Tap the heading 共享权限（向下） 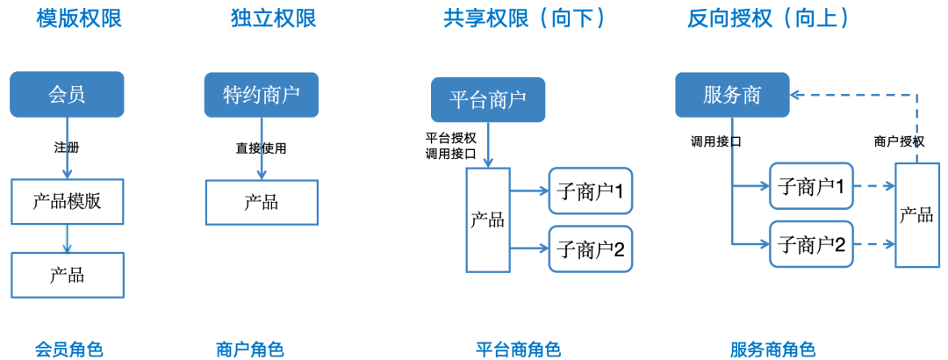point(525,18)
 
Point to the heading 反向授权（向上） point(768,18)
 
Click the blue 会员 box point(67,94)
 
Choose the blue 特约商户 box point(262,95)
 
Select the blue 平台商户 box point(488,100)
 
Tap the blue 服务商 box point(732,95)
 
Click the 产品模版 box point(67,201)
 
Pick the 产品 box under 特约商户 point(262,202)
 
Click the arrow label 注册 point(67,148)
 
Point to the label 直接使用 point(261,148)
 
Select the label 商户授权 point(899,141)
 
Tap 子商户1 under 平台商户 point(590,191)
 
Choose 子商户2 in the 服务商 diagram point(811,244)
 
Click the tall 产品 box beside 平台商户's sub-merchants point(487,220)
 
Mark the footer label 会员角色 point(69,349)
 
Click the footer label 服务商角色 point(772,349)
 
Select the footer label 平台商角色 point(518,349)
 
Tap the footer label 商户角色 point(249,349)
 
